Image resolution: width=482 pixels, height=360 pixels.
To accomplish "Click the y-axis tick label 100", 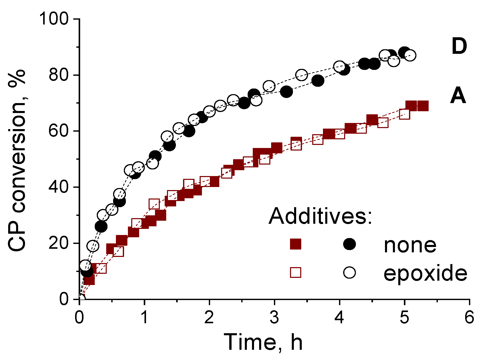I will [54, 19].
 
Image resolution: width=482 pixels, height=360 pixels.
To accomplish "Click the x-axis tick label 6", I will [469, 318].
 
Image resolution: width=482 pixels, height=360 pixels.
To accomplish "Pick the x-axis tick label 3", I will [274, 318].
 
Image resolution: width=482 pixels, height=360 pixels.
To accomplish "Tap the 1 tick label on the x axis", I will [144, 318].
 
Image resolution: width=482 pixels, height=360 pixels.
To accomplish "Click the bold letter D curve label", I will [459, 47].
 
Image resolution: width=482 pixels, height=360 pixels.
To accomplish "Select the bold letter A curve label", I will [458, 96].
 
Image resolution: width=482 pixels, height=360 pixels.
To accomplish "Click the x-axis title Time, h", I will [263, 342].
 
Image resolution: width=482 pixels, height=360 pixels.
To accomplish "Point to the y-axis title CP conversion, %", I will [17, 161].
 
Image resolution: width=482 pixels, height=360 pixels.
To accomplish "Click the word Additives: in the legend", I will [320, 216].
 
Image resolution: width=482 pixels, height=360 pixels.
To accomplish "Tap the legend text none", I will [410, 245].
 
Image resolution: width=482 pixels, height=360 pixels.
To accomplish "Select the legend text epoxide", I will [425, 273].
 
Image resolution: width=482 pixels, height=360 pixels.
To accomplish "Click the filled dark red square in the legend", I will [296, 244].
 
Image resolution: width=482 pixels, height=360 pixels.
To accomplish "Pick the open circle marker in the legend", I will [350, 272].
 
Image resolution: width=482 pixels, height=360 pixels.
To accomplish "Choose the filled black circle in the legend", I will [350, 244].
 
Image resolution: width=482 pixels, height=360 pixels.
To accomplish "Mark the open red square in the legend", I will [296, 272].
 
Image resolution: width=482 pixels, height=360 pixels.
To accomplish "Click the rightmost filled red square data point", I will [423, 106].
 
